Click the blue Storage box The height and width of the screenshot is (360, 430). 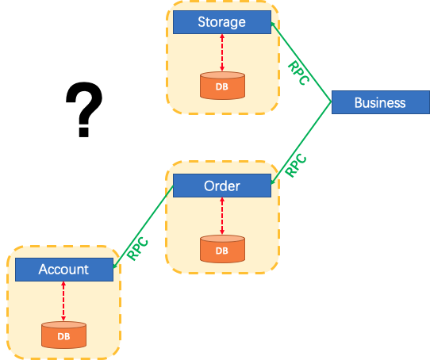(221, 22)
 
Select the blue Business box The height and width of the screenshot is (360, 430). (380, 102)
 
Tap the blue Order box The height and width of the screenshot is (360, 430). (221, 186)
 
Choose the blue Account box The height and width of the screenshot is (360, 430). (63, 270)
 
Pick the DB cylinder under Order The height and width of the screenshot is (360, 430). (221, 249)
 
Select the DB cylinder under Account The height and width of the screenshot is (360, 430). (63, 335)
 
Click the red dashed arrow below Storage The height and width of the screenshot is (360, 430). (221, 52)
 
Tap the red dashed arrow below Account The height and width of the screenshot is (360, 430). (63, 301)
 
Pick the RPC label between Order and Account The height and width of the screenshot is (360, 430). (136, 251)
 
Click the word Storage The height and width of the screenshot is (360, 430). (221, 22)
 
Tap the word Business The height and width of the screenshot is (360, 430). (380, 102)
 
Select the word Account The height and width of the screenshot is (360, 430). (63, 270)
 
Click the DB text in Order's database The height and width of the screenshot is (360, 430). (221, 251)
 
